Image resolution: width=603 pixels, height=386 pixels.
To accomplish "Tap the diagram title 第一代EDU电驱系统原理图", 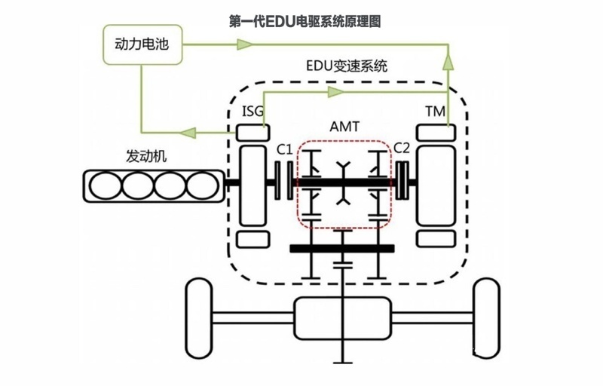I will [305, 21].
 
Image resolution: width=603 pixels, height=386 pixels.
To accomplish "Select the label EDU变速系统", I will [347, 66].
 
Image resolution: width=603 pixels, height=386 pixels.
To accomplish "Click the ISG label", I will [253, 112].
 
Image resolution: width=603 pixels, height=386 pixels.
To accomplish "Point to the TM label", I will [435, 112].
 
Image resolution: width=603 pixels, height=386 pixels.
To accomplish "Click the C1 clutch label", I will [284, 149].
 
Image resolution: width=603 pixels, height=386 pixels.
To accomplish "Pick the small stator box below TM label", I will [435, 132].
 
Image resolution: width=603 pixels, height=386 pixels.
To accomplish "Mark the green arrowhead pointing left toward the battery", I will [188, 133].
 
